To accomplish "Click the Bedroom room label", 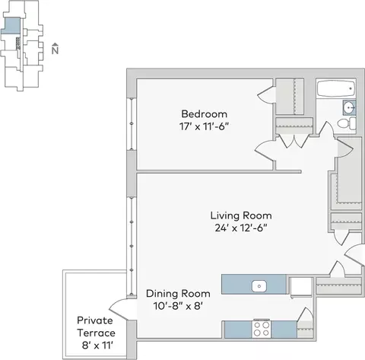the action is click(205, 114).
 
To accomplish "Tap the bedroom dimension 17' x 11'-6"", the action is click(205, 126).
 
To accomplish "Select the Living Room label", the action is click(241, 215).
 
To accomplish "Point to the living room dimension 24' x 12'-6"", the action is click(241, 228).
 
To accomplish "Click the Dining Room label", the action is click(178, 294).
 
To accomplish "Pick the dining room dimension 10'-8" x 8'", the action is click(178, 306).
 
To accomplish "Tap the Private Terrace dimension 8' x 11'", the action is click(97, 346).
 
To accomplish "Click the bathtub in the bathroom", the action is click(336, 88).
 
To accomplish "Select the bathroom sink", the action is click(350, 107).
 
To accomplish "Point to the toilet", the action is click(347, 123).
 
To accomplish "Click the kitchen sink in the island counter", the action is click(259, 286).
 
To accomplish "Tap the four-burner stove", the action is click(262, 329).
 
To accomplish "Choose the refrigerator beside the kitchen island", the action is click(301, 287).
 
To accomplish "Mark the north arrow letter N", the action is click(55, 50).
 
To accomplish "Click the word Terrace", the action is click(96, 333).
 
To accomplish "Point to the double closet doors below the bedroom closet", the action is click(294, 141).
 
